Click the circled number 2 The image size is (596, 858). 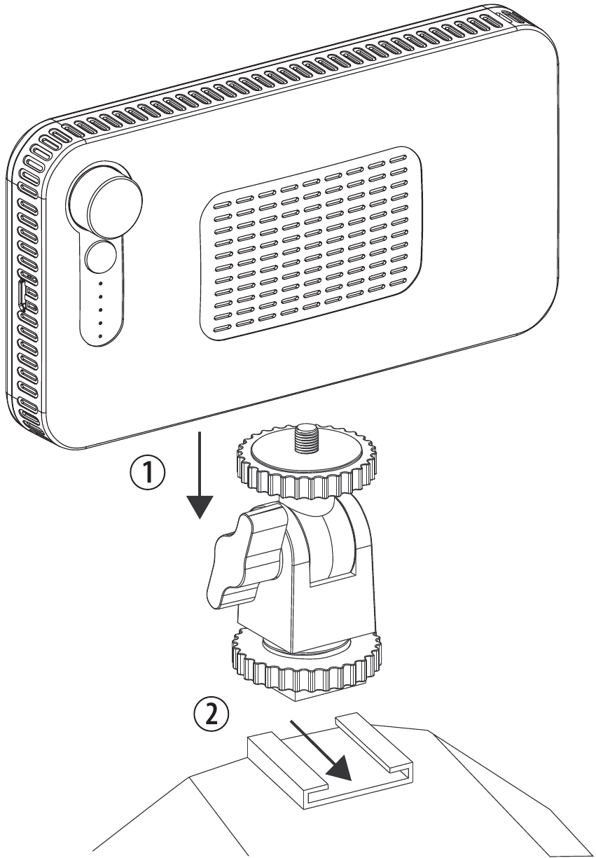coord(210,716)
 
